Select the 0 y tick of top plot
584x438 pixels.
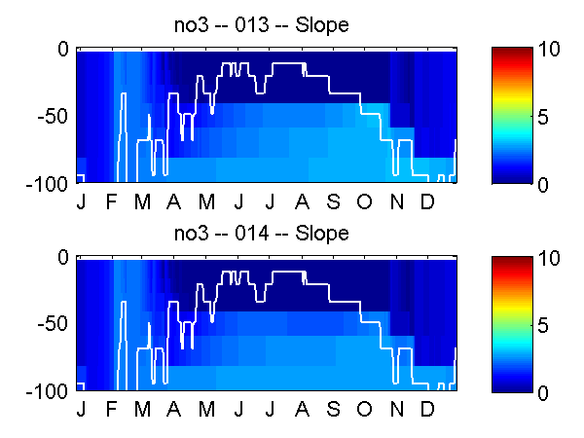tap(63, 48)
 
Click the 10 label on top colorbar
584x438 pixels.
tap(550, 51)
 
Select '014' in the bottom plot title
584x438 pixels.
tap(261, 234)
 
